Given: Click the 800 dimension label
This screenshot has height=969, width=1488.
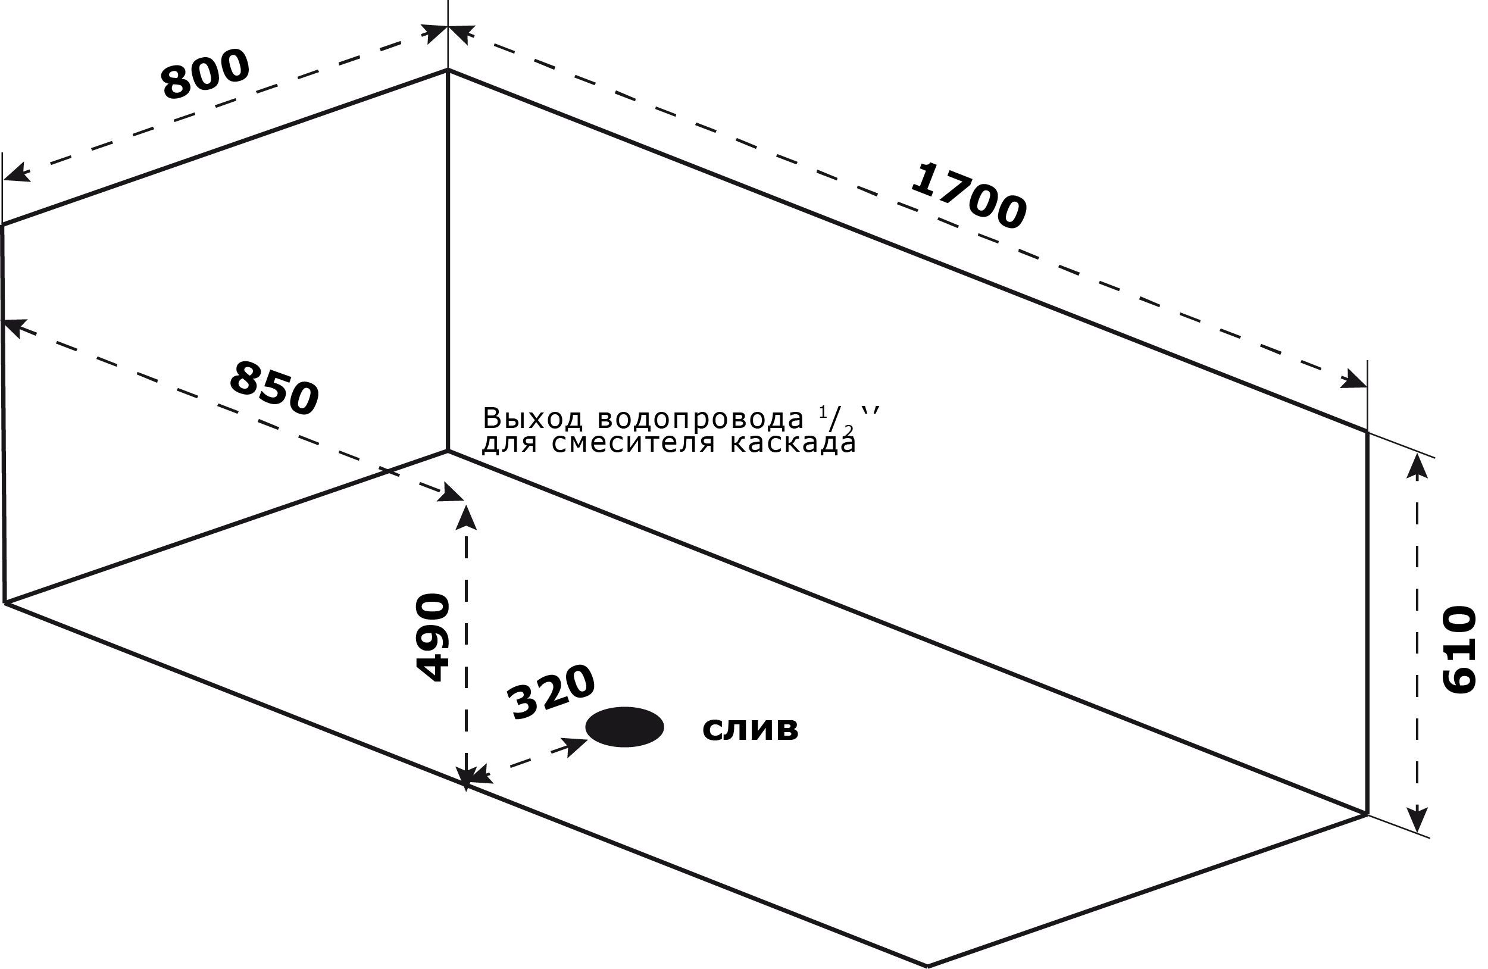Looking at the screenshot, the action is click(206, 74).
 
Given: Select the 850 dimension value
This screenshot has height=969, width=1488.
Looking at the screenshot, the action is click(274, 388).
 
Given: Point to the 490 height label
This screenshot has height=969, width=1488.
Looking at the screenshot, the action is click(433, 637).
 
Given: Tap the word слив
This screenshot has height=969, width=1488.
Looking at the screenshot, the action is click(751, 729).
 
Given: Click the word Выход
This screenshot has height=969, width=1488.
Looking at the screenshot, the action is click(533, 418).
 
